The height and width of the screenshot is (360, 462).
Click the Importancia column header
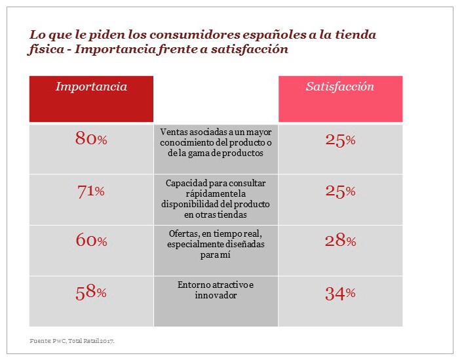pyautogui.click(x=91, y=87)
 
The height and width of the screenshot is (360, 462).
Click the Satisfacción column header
pyautogui.click(x=340, y=87)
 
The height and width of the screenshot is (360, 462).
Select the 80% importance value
pyautogui.click(x=91, y=139)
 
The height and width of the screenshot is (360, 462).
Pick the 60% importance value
pyautogui.click(x=91, y=241)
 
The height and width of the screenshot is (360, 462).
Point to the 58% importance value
pyautogui.click(x=91, y=292)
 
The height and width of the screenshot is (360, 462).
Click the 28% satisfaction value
pyautogui.click(x=340, y=241)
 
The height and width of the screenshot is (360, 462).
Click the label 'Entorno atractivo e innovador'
pyautogui.click(x=216, y=290)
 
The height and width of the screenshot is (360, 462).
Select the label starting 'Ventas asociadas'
pyautogui.click(x=216, y=142)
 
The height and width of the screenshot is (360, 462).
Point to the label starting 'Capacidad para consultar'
pyautogui.click(x=216, y=198)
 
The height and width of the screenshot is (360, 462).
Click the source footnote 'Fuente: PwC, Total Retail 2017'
pyautogui.click(x=77, y=341)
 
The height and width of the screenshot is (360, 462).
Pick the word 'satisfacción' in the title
pyautogui.click(x=252, y=50)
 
